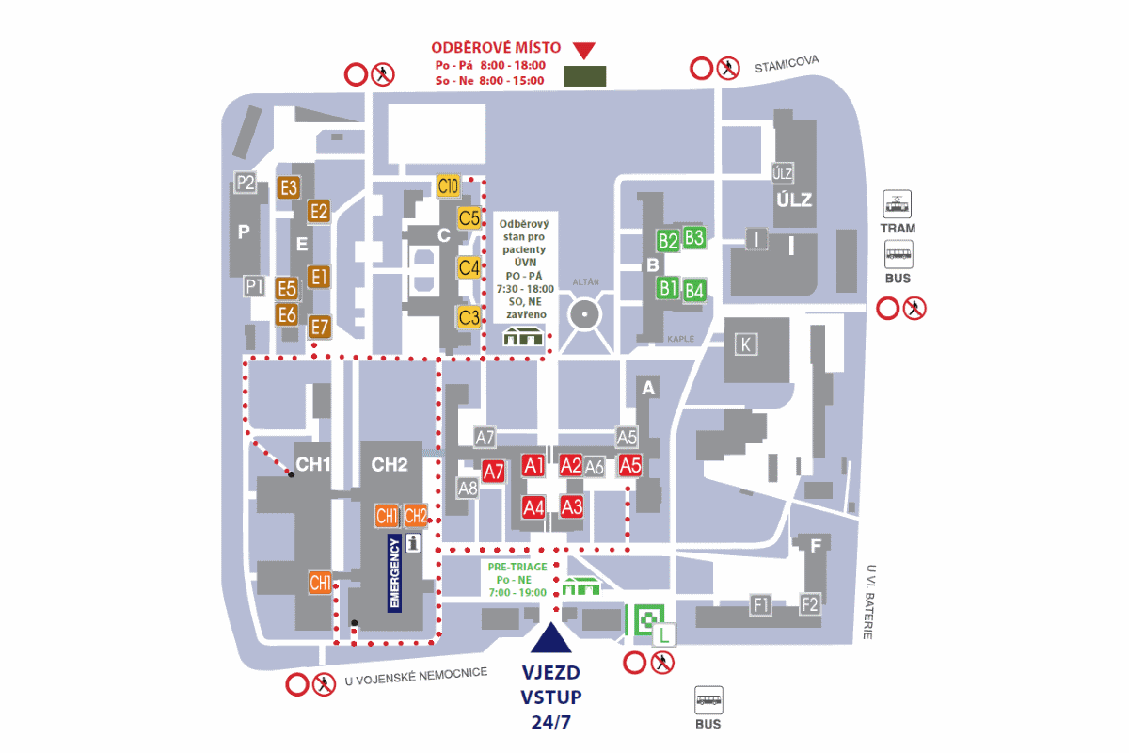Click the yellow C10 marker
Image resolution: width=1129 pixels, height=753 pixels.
click(448, 186)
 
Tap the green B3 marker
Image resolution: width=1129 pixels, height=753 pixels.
click(694, 237)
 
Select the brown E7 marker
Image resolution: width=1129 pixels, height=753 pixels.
click(320, 327)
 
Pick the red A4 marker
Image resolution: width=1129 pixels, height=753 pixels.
click(533, 507)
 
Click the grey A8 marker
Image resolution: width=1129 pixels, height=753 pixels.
click(468, 489)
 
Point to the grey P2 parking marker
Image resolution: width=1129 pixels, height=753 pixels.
click(246, 182)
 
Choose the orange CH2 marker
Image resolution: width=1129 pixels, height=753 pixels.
click(416, 516)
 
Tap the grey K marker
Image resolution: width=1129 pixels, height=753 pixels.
click(745, 344)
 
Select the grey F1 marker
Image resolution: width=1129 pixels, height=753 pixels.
click(760, 604)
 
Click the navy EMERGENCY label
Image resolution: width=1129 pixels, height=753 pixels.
click(394, 573)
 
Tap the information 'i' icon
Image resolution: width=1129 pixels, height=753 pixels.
click(413, 543)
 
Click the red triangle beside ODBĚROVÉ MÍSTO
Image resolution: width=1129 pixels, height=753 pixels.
click(584, 51)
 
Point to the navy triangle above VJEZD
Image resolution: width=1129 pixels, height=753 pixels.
click(551, 637)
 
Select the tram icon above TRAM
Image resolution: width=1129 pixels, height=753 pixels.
click(897, 204)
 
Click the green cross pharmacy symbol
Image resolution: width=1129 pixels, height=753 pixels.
click(648, 618)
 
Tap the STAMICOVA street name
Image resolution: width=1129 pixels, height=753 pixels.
click(787, 64)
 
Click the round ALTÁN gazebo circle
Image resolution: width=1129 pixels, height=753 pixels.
click(584, 313)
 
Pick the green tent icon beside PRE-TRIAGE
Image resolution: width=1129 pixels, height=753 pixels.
click(581, 586)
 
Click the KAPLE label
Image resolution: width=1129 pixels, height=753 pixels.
click(680, 339)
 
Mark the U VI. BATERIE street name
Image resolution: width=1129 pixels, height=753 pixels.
click(869, 601)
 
